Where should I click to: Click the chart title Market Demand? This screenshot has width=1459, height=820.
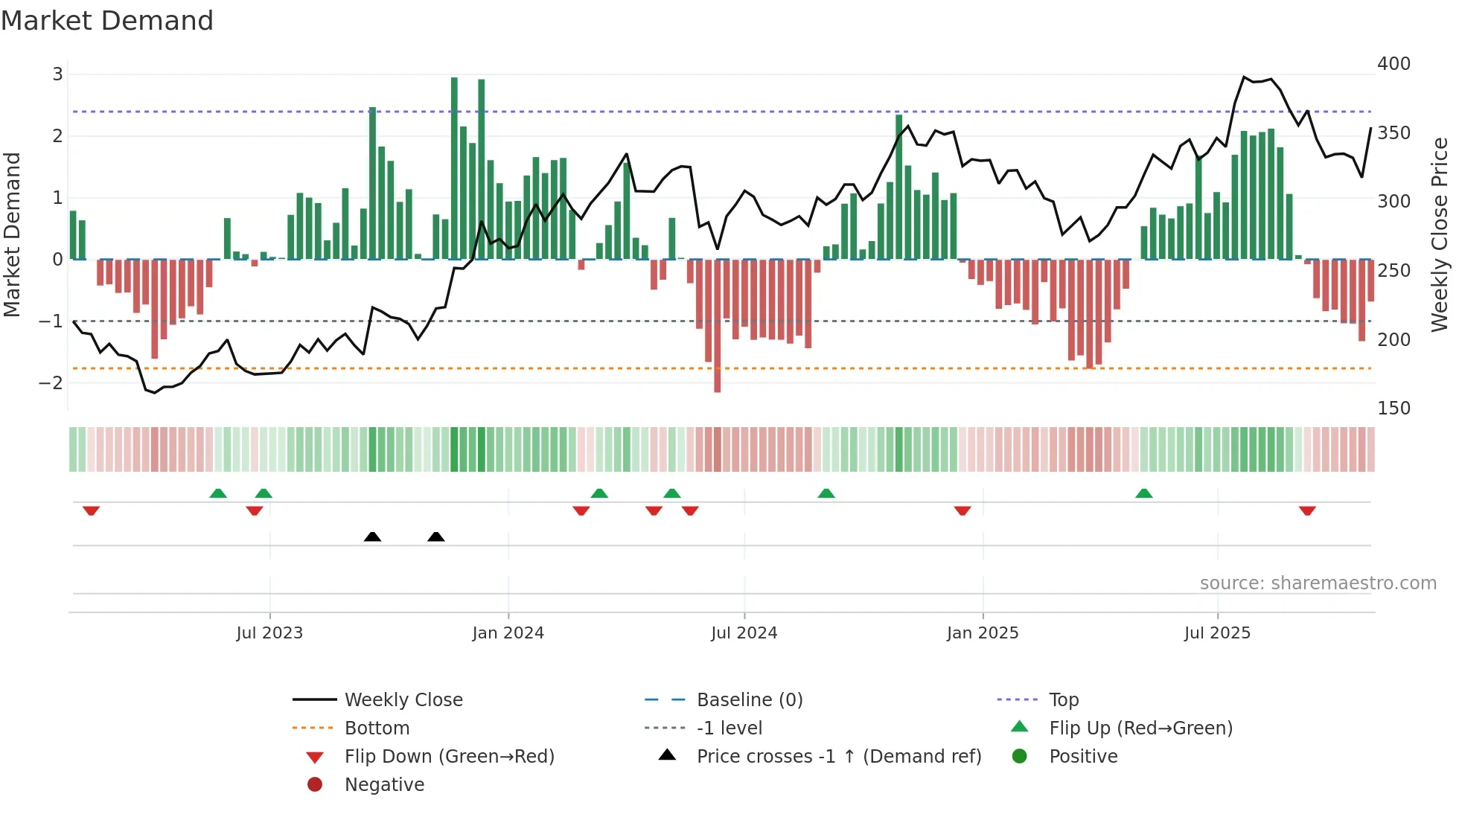click(107, 21)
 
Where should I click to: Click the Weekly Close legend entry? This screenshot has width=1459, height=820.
click(403, 699)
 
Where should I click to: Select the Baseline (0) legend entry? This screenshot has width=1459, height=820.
click(749, 699)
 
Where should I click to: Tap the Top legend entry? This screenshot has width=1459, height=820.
click(1063, 699)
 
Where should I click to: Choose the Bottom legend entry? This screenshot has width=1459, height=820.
click(377, 728)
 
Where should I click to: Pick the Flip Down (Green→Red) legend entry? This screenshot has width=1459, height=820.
click(449, 756)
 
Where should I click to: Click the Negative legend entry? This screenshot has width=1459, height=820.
click(384, 784)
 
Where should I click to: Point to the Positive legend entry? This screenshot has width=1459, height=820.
click(1082, 756)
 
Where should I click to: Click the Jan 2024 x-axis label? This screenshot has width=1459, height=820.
click(508, 632)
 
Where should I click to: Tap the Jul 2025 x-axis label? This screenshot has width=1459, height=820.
click(1217, 632)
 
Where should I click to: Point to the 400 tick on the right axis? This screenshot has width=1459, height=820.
click(1393, 64)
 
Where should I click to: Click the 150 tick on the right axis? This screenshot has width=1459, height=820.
click(1393, 408)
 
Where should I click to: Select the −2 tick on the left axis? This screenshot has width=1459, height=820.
click(51, 382)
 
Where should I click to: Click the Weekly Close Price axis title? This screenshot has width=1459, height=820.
click(1440, 234)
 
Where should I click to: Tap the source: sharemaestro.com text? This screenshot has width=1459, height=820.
click(1318, 583)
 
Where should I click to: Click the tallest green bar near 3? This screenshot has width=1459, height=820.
click(454, 167)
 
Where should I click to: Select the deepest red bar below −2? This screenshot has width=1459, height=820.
click(717, 326)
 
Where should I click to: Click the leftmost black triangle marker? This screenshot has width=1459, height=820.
click(372, 536)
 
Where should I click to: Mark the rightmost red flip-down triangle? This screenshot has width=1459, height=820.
click(1307, 510)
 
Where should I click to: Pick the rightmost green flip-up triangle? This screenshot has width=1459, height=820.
click(1144, 493)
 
